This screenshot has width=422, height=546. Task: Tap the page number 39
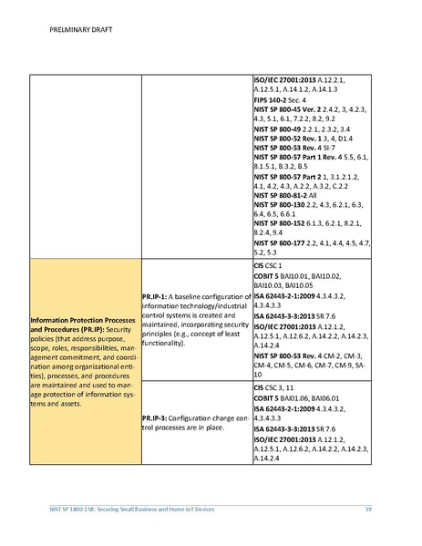(x=367, y=509)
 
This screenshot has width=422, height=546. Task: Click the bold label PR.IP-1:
(x=159, y=297)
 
